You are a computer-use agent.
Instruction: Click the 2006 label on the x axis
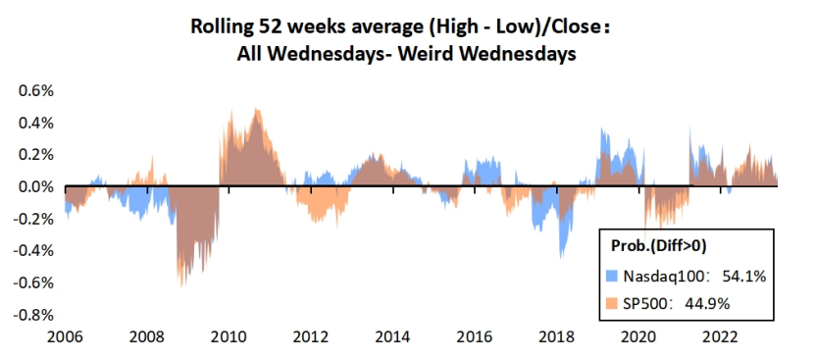pyautogui.click(x=65, y=337)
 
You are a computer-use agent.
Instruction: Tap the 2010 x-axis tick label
pyautogui.click(x=229, y=337)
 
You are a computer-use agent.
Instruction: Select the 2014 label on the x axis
pyautogui.click(x=392, y=337)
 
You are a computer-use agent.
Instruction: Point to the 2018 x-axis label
pyautogui.click(x=556, y=337)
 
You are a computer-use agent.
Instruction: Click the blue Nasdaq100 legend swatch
pyautogui.click(x=613, y=278)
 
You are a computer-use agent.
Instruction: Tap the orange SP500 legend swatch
pyautogui.click(x=613, y=302)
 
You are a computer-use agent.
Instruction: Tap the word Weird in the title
pyautogui.click(x=424, y=54)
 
